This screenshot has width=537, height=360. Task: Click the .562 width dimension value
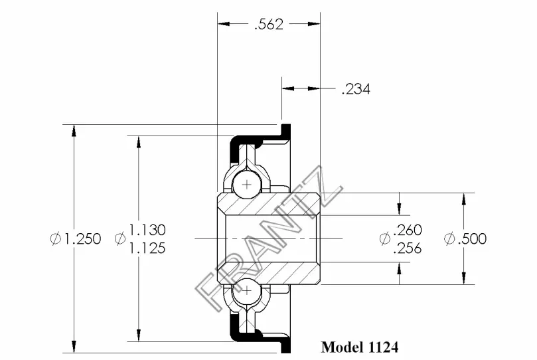[x=269, y=25]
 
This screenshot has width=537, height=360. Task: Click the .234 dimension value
[x=356, y=89]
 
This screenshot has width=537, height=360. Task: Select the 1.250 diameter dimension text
[x=83, y=238]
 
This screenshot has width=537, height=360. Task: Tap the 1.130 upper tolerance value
[x=147, y=230]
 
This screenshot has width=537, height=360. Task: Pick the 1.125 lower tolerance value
[x=147, y=248]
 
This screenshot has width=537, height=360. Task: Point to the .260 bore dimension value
[x=408, y=230]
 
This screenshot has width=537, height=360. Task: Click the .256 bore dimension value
[x=408, y=248]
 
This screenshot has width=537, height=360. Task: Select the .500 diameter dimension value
[x=472, y=238]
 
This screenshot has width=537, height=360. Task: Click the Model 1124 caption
[x=360, y=347]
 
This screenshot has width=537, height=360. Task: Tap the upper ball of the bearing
[x=246, y=185]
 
